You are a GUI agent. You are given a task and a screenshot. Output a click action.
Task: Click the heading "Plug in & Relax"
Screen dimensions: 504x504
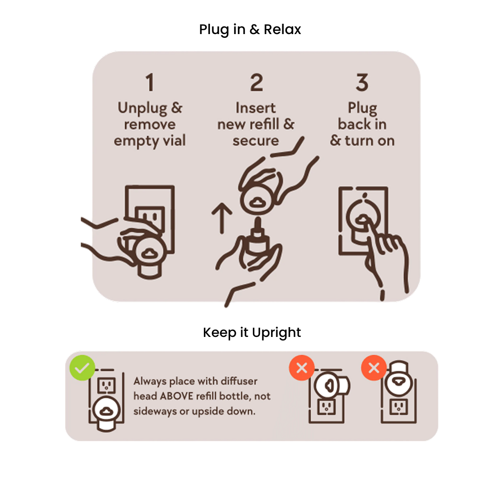tap(250, 29)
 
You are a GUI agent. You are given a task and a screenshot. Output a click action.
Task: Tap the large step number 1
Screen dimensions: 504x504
tap(150, 82)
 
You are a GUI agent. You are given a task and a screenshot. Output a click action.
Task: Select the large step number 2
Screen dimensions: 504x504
tap(257, 82)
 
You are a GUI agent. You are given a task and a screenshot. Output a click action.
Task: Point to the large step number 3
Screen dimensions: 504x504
tap(362, 82)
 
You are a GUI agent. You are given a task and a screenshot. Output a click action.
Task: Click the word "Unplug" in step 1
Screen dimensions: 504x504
tap(142, 108)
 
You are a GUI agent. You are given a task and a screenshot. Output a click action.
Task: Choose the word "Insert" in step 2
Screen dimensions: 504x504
tap(256, 108)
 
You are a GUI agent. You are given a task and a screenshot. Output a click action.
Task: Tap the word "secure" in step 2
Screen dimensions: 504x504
tap(256, 141)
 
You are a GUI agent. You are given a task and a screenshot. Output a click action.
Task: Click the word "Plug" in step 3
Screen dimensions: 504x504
tap(362, 108)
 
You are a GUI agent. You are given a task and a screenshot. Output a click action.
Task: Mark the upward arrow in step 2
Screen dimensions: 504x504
tap(222, 218)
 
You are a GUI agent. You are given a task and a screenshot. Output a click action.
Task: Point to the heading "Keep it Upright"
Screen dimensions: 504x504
tap(252, 333)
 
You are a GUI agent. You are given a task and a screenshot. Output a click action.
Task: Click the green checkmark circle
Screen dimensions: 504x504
tap(82, 368)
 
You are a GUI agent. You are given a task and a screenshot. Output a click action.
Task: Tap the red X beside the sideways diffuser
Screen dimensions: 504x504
tap(301, 368)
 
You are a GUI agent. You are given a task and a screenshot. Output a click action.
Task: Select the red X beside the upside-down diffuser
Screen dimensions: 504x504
tap(374, 368)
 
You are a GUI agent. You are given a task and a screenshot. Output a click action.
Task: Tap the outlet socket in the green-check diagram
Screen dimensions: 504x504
tap(106, 385)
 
